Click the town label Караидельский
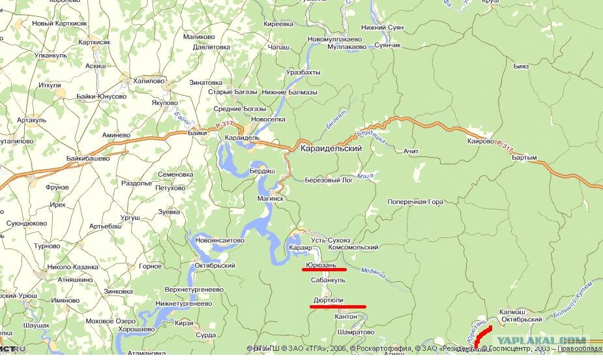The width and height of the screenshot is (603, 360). (340, 149)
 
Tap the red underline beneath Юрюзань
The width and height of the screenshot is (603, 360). (324, 269)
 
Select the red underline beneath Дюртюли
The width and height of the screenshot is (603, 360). (338, 307)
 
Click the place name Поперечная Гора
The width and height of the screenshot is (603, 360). (415, 202)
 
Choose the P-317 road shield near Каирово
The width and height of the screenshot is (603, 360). (505, 143)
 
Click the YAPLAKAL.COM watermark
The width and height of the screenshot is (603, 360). (542, 340)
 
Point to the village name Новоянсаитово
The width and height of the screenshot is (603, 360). (220, 240)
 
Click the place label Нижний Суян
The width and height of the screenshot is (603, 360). (383, 28)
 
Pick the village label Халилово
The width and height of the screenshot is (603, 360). (149, 80)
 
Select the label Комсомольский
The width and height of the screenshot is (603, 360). (353, 248)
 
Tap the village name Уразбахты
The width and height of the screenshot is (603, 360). (303, 72)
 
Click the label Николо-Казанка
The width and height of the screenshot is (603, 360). (72, 267)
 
